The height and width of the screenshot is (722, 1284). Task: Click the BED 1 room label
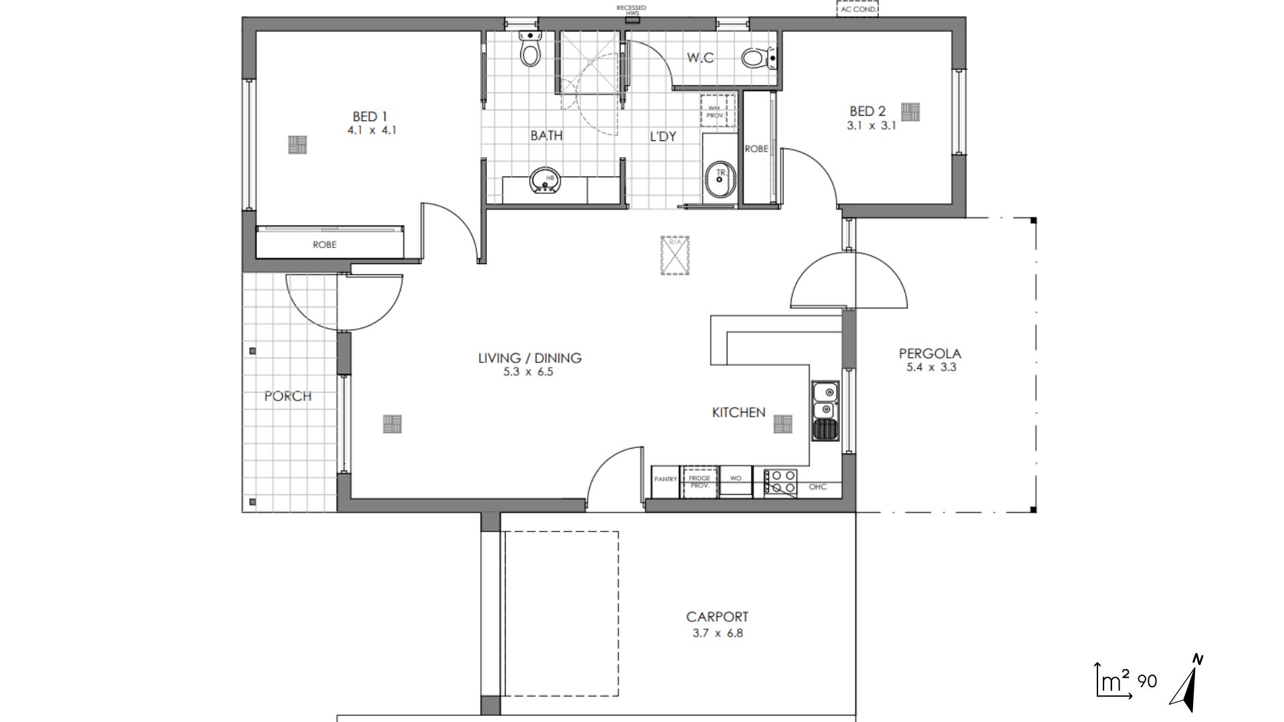370,117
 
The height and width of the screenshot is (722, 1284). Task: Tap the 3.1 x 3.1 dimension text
871,125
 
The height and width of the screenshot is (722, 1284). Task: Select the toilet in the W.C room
754,57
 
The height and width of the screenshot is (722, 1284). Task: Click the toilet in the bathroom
530,52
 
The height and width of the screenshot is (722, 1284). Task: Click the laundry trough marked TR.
720,178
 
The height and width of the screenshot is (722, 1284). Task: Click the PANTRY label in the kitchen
665,479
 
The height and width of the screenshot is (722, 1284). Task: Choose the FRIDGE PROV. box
699,482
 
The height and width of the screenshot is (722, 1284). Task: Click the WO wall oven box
736,479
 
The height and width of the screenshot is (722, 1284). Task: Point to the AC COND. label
857,9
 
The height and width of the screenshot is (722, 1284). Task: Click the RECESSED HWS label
631,10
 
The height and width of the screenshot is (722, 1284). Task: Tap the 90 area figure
1147,682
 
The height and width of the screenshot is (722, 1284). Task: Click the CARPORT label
717,617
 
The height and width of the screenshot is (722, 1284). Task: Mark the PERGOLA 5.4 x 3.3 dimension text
931,367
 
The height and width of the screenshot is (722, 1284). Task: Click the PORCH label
288,396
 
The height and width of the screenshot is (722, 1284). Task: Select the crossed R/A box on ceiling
675,255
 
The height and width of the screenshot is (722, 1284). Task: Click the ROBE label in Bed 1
324,245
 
